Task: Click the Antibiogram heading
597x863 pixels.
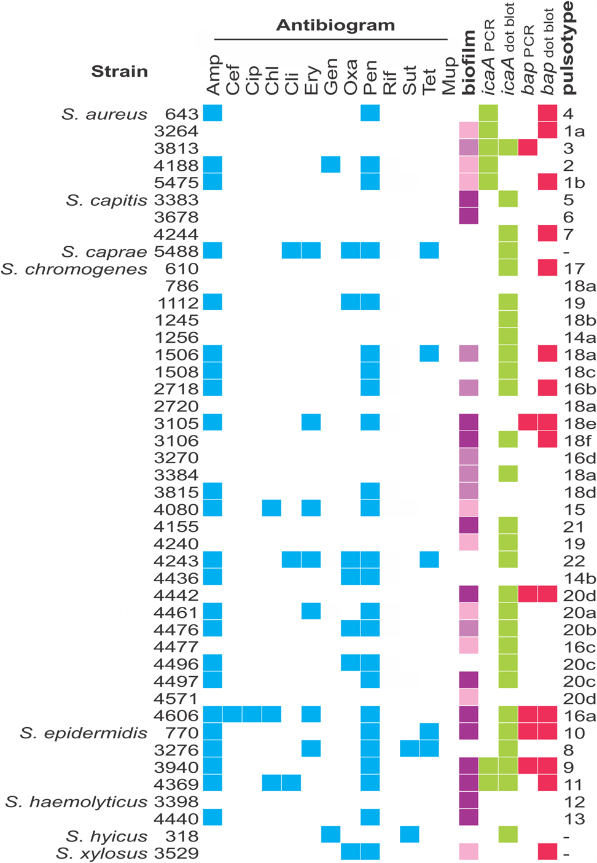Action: [335, 25]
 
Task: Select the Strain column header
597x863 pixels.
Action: [119, 72]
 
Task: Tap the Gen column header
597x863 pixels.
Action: [330, 77]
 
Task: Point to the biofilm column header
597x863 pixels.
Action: [469, 63]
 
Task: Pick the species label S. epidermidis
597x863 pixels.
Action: [84, 733]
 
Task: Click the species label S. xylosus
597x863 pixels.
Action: [101, 853]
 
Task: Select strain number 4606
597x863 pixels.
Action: [176, 716]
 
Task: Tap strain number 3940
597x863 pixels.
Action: [176, 767]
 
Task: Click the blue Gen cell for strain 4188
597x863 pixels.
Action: [330, 165]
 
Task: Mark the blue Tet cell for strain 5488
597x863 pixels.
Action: [429, 251]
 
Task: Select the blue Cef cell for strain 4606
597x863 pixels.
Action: [232, 714]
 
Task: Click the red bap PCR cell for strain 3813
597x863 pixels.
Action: [528, 147]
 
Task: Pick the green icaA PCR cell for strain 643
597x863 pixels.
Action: [488, 113]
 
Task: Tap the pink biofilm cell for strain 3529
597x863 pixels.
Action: [469, 851]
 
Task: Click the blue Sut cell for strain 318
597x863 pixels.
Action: [410, 834]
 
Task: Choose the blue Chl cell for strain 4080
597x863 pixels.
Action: [271, 508]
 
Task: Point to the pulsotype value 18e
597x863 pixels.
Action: [579, 423]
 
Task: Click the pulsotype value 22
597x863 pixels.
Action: [574, 561]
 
